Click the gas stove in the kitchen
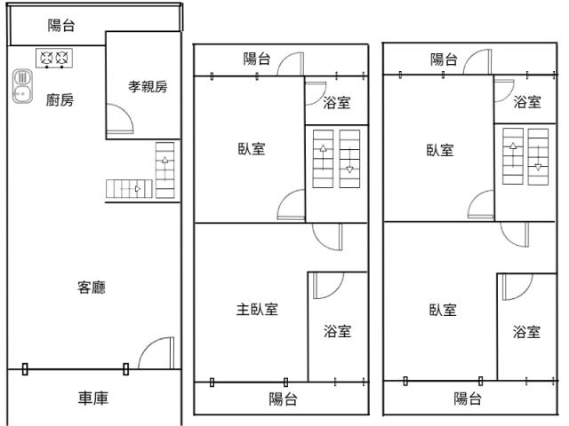pos(54,58)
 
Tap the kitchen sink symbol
pos(22,86)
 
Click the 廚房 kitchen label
pos(60,100)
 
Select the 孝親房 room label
pos(148,87)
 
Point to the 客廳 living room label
pos(92,288)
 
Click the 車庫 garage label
pos(93,398)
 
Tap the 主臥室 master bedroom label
pos(257,310)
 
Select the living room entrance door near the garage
pos(156,353)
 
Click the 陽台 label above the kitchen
pos(61,26)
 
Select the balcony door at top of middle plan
pos(291,64)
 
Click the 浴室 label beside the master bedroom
pos(338,331)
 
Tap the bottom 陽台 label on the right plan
pos(468,398)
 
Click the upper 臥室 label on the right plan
pos(440,150)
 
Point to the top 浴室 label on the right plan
pos(527,102)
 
